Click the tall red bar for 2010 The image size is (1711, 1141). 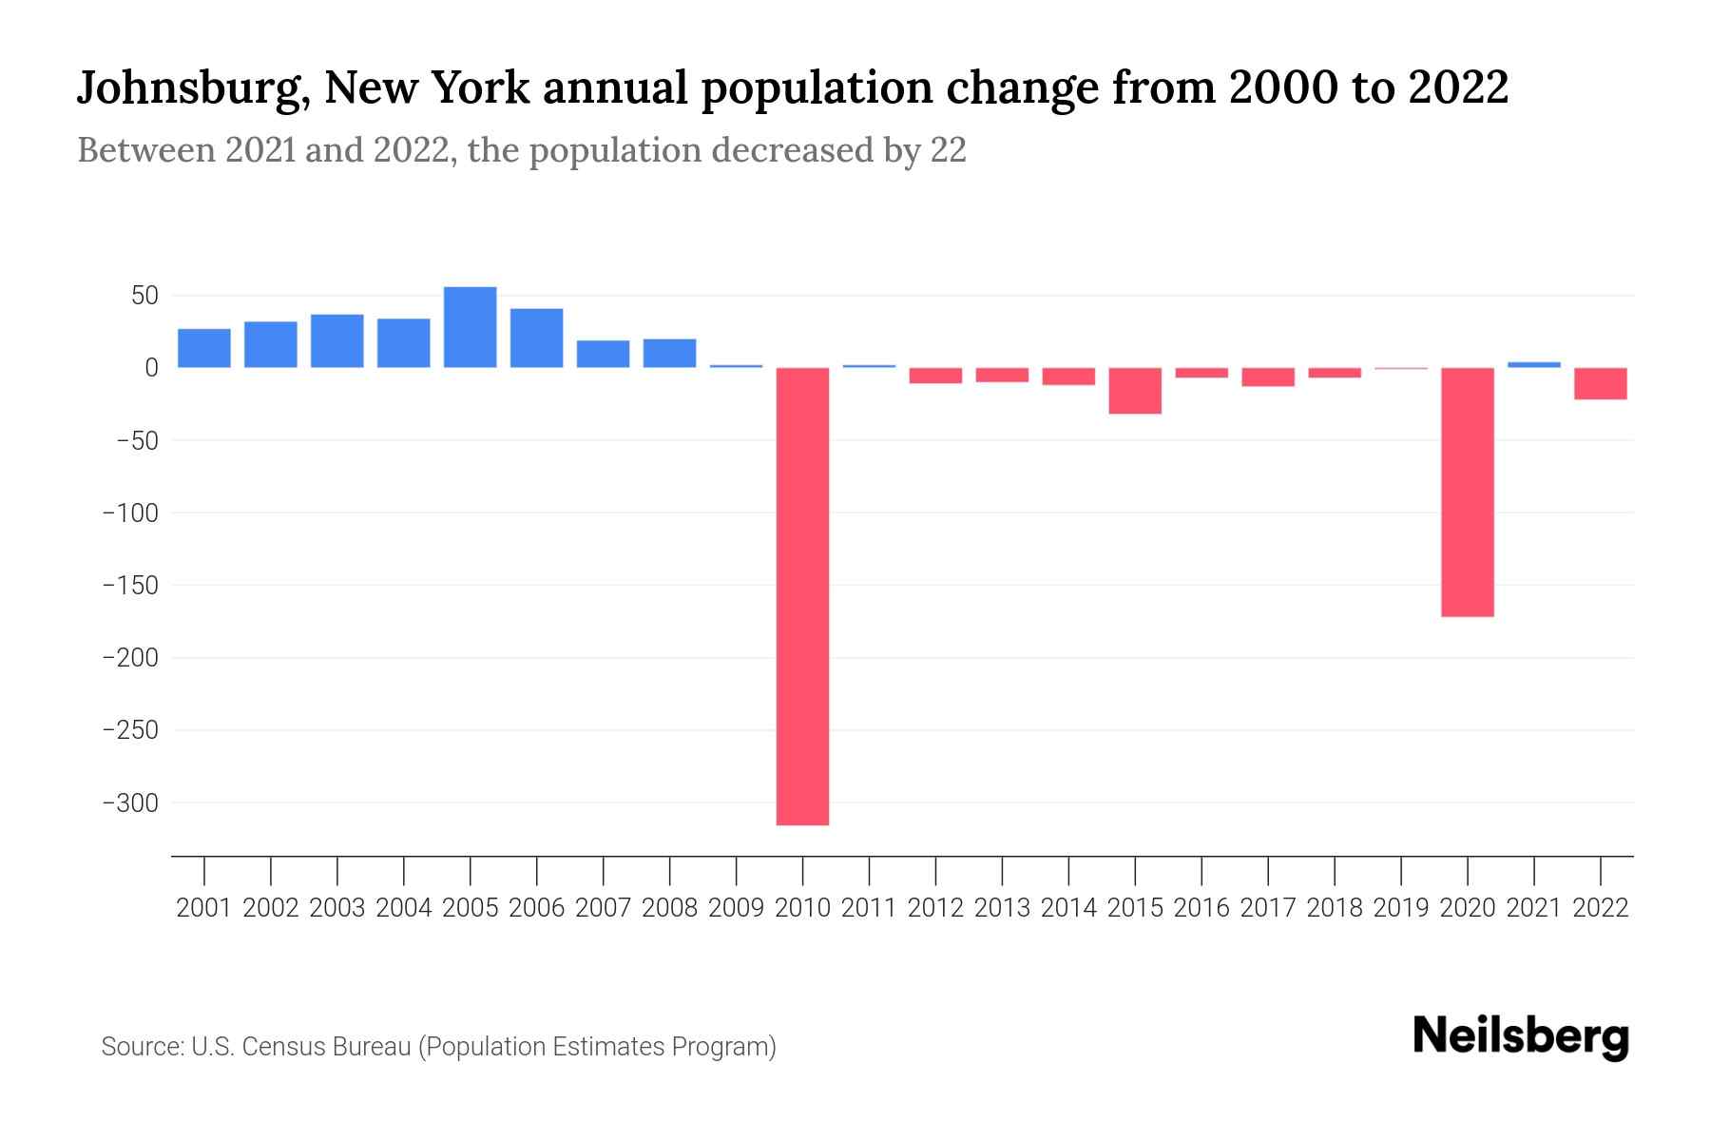pos(802,596)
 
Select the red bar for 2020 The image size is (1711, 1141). pos(1467,493)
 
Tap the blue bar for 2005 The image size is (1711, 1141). pos(470,327)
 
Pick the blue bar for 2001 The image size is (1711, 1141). pos(204,348)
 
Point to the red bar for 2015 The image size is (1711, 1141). pos(1135,391)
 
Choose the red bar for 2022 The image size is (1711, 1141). pos(1600,383)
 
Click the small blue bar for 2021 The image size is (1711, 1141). pos(1533,364)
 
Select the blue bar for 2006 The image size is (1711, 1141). pos(536,338)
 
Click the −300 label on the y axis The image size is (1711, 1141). pos(130,803)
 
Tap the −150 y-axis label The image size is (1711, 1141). pos(130,586)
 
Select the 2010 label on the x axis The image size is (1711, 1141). pos(802,908)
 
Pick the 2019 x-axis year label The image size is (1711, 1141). pos(1400,908)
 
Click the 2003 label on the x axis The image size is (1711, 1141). pos(337,908)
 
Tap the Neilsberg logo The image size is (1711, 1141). pos(1521,1037)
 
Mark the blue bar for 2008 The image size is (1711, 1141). pos(669,353)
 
